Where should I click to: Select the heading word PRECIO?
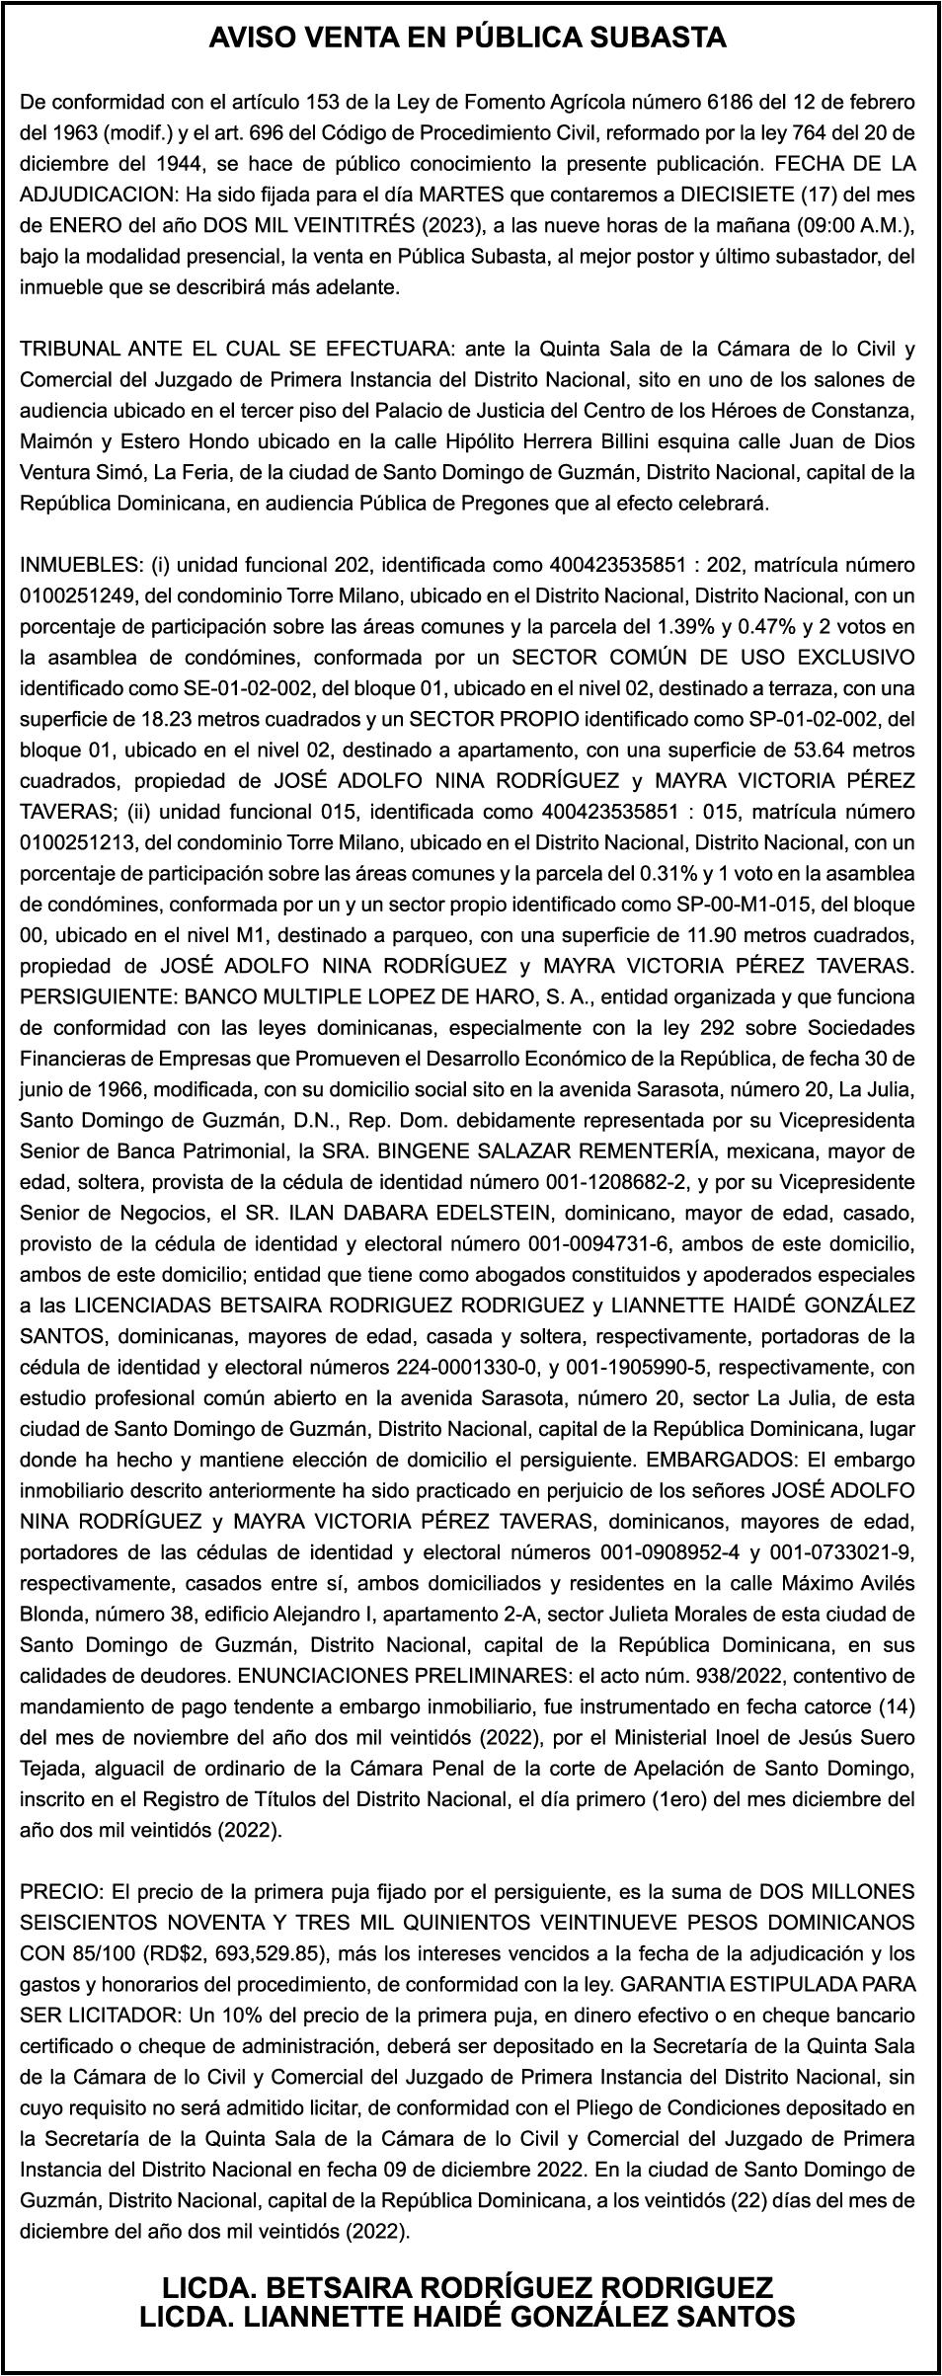pos(62,1891)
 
